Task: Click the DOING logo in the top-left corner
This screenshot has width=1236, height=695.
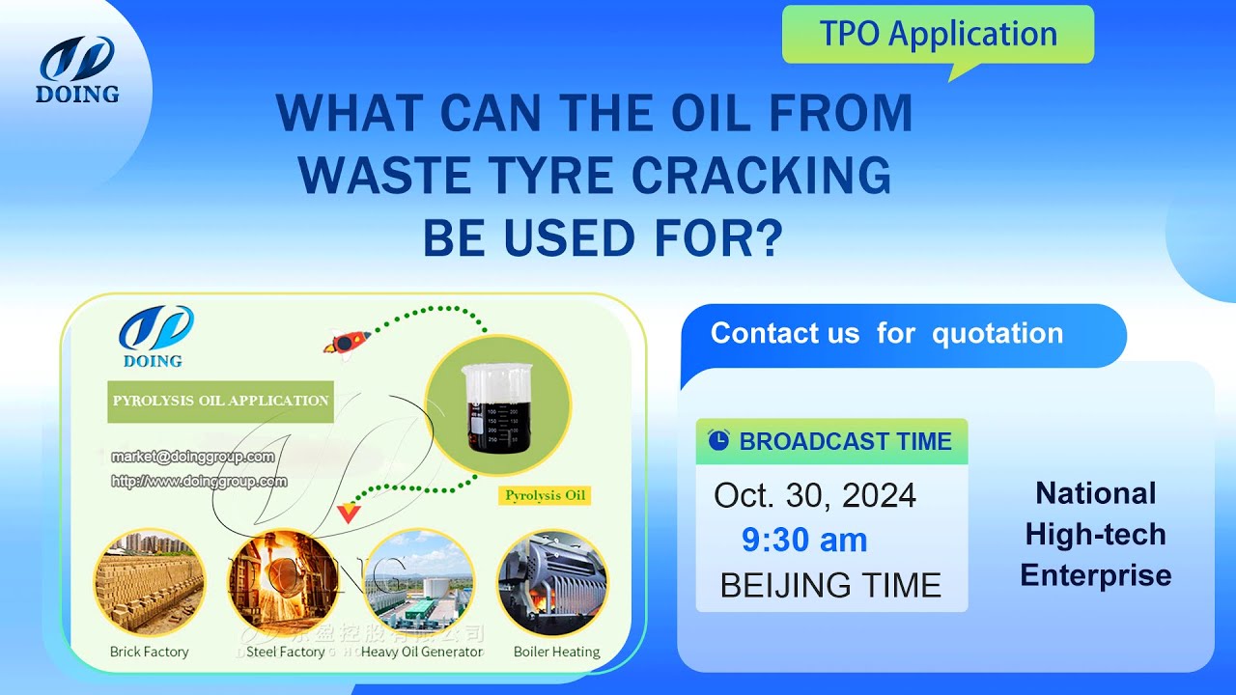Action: [77, 69]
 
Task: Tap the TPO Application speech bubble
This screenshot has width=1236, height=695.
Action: [938, 35]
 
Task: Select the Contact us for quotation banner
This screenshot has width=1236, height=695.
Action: [886, 334]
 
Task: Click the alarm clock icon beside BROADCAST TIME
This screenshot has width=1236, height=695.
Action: [718, 440]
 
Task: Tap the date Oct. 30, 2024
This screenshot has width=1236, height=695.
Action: [815, 495]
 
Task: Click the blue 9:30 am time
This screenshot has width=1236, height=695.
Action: [804, 541]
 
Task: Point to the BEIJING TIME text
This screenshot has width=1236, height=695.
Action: [830, 585]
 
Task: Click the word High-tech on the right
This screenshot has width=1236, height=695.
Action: [1095, 534]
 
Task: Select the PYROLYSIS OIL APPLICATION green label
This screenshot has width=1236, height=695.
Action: [220, 401]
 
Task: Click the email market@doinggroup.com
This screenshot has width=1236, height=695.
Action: [192, 457]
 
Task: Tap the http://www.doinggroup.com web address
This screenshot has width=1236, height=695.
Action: [199, 481]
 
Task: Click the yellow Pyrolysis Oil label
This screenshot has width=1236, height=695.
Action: [545, 495]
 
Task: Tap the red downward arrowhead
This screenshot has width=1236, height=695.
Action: [348, 513]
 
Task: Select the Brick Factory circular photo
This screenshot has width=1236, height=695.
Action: [149, 582]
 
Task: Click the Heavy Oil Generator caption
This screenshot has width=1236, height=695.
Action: [422, 652]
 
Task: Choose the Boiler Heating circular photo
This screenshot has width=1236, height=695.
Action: [553, 582]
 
